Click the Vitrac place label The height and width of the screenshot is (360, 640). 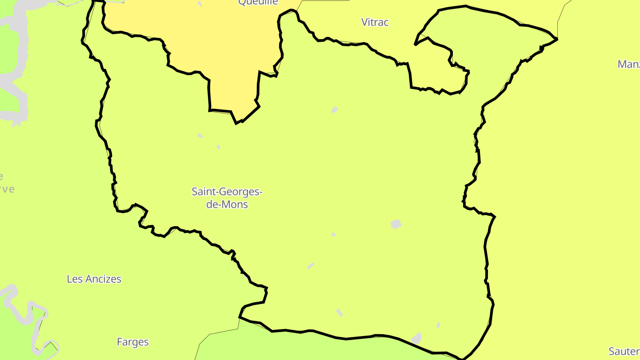pyautogui.click(x=375, y=22)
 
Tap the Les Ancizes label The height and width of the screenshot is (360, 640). pyautogui.click(x=94, y=279)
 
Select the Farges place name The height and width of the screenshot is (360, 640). pyautogui.click(x=132, y=342)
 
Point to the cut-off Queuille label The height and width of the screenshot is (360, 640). pyautogui.click(x=258, y=3)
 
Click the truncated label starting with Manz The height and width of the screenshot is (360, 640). pyautogui.click(x=628, y=64)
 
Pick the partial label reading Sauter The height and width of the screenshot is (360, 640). pyautogui.click(x=624, y=352)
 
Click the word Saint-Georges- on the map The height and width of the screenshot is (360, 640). pyautogui.click(x=227, y=192)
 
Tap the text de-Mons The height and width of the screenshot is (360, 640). pyautogui.click(x=227, y=205)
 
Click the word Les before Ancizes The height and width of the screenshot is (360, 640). pyautogui.click(x=74, y=279)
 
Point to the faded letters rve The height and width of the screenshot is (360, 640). pyautogui.click(x=7, y=189)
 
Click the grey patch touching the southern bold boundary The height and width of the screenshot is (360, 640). pyautogui.click(x=416, y=339)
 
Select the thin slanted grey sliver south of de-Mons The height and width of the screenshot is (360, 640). pyautogui.click(x=311, y=265)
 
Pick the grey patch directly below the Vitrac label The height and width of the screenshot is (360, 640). pyautogui.click(x=334, y=110)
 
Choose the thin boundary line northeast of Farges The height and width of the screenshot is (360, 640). pyautogui.click(x=218, y=333)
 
